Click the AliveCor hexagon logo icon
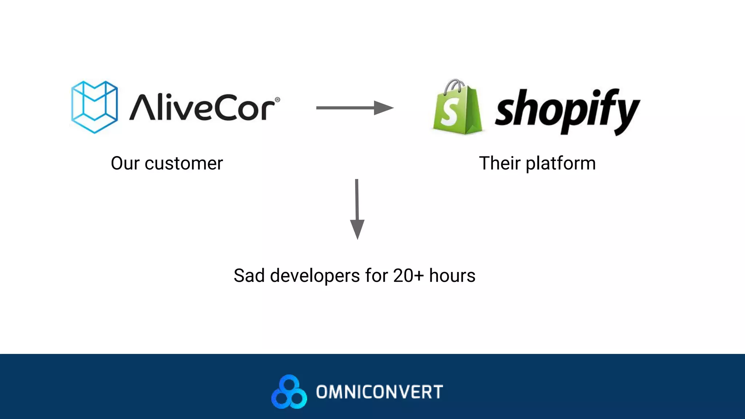[x=95, y=107]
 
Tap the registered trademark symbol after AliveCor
[x=277, y=99]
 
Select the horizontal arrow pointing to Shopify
[x=354, y=108]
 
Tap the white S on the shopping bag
[x=450, y=113]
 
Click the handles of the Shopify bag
[x=455, y=85]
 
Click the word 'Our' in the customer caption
[x=125, y=163]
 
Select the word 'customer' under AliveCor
[x=184, y=163]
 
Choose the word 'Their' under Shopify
[x=499, y=163]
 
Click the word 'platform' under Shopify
[x=561, y=163]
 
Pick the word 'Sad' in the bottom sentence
[x=249, y=276]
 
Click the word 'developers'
[x=315, y=276]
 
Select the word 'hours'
[x=452, y=276]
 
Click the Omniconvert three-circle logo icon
[x=289, y=392]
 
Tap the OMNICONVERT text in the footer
[x=379, y=392]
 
